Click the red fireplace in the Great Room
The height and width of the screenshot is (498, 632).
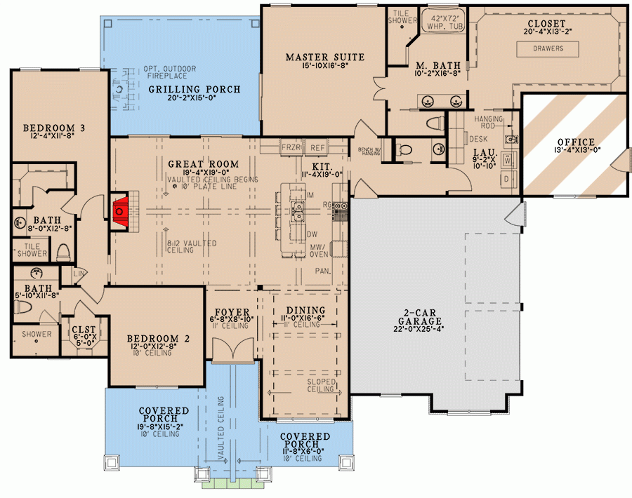[x=120, y=209]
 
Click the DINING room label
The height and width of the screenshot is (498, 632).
[x=306, y=311]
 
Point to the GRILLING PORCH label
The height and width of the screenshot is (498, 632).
[x=194, y=89]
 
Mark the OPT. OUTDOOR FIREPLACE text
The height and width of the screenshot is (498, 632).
[x=170, y=73]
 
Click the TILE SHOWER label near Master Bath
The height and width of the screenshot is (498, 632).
[x=403, y=17]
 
